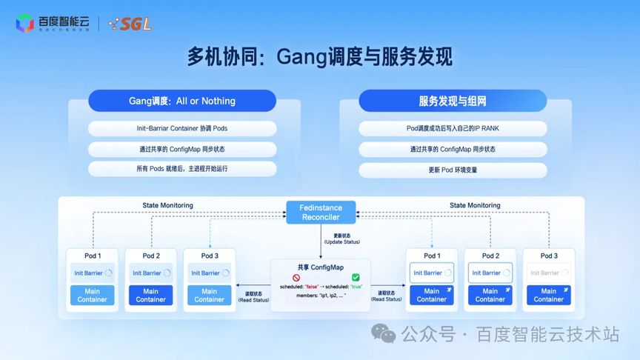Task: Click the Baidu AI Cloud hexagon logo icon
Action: click(24, 24)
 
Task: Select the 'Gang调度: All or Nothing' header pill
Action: click(182, 101)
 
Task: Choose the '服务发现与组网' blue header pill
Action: click(453, 101)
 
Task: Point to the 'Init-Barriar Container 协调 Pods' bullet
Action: click(182, 128)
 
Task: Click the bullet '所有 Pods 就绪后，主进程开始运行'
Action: click(182, 169)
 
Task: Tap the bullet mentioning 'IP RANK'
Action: click(453, 128)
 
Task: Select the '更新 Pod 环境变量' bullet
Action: click(453, 170)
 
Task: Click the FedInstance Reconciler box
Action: click(321, 213)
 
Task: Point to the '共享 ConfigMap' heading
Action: click(321, 267)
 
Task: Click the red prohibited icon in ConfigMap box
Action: click(296, 278)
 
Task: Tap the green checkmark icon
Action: click(356, 278)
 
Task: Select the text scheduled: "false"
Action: click(299, 286)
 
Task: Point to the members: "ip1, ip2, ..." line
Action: click(321, 295)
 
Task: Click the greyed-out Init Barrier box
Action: click(548, 273)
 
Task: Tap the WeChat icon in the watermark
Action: click(383, 334)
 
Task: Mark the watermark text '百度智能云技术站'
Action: click(547, 335)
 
